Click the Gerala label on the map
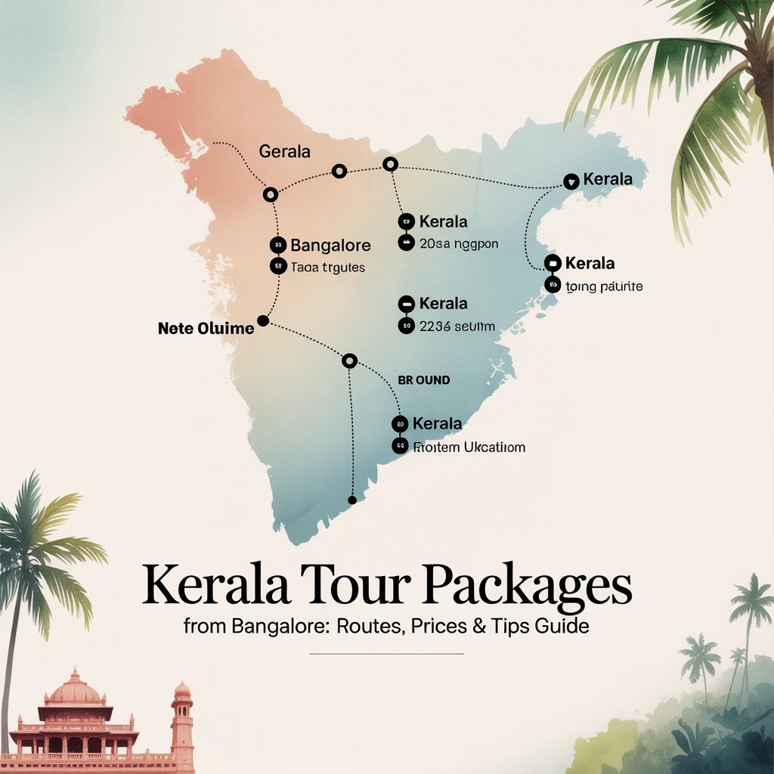click(x=284, y=151)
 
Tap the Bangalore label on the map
click(x=330, y=246)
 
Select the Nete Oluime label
click(x=205, y=329)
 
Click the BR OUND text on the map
click(x=423, y=380)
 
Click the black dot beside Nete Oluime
click(x=263, y=321)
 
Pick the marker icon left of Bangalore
click(x=277, y=245)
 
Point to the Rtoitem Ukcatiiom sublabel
click(x=469, y=447)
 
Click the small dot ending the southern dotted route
click(x=351, y=500)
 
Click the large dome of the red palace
click(x=73, y=689)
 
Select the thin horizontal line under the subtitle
click(x=386, y=653)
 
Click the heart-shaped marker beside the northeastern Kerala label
click(x=571, y=181)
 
